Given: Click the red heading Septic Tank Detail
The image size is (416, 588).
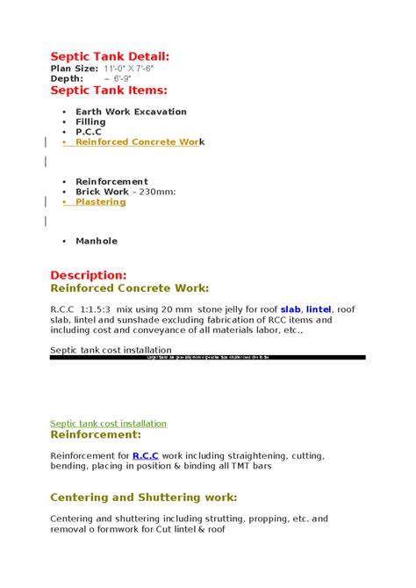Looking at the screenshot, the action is (110, 56).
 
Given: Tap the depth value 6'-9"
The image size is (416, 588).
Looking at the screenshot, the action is (118, 78).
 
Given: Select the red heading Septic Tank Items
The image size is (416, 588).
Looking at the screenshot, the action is (109, 90).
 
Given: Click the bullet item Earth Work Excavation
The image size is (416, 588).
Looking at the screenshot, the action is (131, 112).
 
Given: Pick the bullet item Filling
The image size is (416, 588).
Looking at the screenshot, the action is (90, 121).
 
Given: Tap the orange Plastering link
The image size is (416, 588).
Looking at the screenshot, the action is (100, 201).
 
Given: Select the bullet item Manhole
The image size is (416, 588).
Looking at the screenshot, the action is (96, 241).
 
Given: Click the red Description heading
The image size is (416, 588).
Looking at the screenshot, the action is (89, 275).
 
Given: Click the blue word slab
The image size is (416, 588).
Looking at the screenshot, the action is (290, 309).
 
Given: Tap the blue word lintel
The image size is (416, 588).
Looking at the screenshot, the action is (319, 309).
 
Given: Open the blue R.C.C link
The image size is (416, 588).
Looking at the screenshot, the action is (146, 455).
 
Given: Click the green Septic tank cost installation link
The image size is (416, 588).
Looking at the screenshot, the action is (108, 423).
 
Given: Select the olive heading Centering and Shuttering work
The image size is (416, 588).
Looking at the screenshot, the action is (144, 497).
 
